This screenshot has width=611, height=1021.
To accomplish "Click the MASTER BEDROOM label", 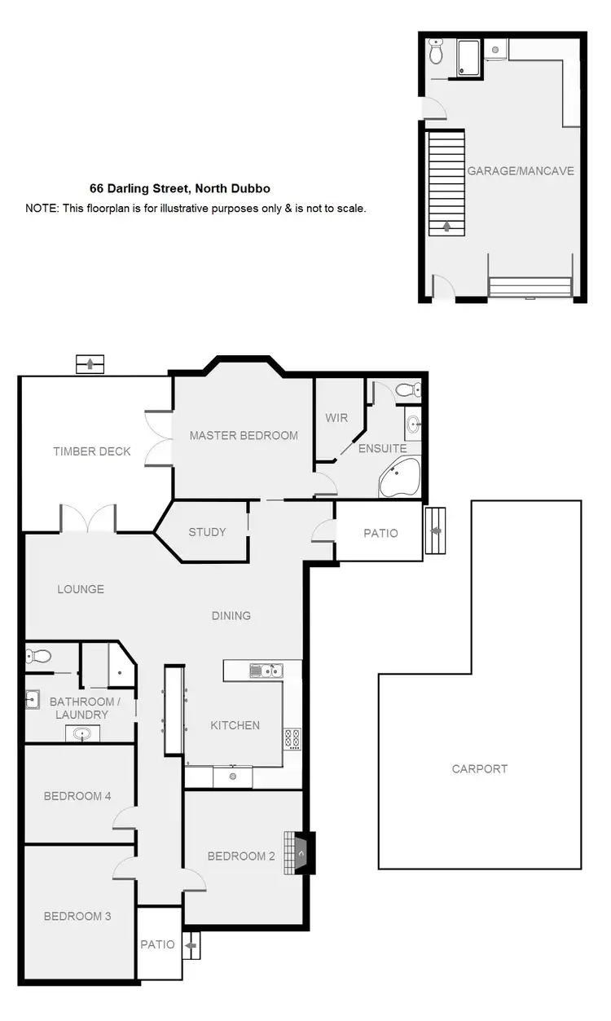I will click(244, 435).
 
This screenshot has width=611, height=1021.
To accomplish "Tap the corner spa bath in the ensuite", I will click(399, 477).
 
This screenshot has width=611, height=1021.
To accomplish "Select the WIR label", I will click(336, 417).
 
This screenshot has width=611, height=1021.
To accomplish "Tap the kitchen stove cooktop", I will click(292, 740).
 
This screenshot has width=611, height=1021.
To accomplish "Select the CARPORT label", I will click(480, 768).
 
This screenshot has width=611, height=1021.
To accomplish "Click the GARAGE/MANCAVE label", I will click(521, 171).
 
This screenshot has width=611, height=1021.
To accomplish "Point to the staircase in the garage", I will click(446, 183).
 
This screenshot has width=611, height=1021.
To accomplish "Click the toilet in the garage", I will click(437, 54).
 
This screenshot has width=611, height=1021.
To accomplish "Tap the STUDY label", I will click(207, 532).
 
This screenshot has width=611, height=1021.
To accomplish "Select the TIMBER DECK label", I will click(92, 451).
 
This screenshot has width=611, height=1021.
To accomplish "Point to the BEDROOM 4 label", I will click(77, 796).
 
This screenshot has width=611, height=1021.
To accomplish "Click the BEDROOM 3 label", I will click(77, 916).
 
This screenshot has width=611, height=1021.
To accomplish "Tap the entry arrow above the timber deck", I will click(90, 363).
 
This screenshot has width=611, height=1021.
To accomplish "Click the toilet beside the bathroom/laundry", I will click(39, 655).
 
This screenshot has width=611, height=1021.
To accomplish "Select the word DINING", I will click(231, 615).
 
